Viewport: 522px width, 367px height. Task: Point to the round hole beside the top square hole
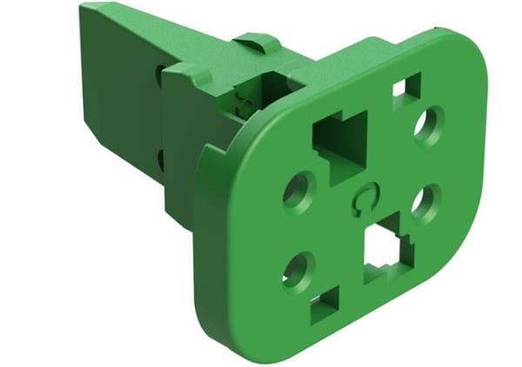click(x=428, y=125)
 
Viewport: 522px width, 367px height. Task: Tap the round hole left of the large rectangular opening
click(x=299, y=189)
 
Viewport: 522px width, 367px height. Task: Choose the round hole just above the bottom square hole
click(x=298, y=270)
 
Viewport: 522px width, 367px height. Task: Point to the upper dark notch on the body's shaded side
click(x=160, y=76)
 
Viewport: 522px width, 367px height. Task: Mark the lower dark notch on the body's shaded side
click(x=161, y=159)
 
